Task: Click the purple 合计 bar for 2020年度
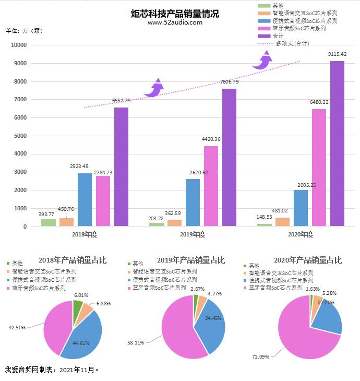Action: click(x=337, y=144)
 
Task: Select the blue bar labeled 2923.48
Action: click(x=85, y=199)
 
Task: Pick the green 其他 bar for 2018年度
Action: click(x=49, y=222)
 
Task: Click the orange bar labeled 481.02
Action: click(x=283, y=222)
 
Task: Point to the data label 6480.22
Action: click(x=319, y=102)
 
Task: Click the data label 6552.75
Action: click(x=122, y=101)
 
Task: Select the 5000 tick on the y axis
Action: click(x=20, y=136)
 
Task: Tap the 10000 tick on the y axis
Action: click(x=18, y=45)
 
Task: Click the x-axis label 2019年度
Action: click(x=193, y=234)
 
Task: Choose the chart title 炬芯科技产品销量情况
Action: click(x=175, y=14)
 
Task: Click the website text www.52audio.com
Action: click(x=175, y=23)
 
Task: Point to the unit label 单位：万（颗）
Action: click(x=23, y=30)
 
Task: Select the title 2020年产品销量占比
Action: click(x=308, y=260)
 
